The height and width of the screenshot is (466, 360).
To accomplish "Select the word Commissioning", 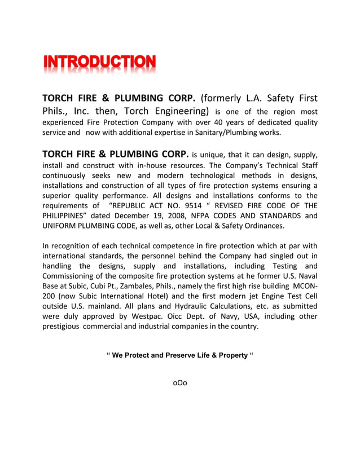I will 71,276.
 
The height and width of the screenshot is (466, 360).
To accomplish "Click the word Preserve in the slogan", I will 170,355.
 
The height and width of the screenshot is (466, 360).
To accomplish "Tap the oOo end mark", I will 179,384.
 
